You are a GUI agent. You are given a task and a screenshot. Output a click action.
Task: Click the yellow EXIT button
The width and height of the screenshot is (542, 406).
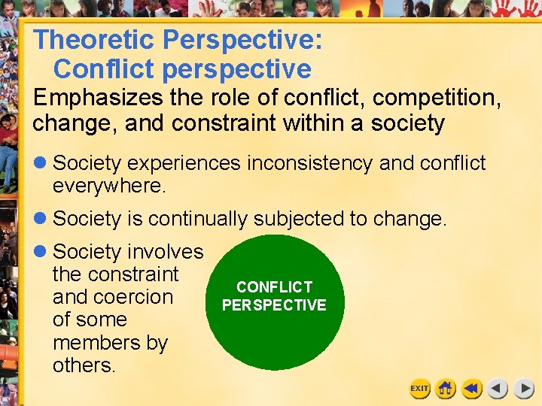[x=419, y=389]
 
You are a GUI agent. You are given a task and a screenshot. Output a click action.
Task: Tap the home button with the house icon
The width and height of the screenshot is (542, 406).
[x=446, y=389]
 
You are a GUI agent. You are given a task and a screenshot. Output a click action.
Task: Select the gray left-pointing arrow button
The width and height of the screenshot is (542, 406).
[x=498, y=389]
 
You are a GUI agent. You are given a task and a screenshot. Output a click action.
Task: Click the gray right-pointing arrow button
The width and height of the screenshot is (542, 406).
[x=524, y=389]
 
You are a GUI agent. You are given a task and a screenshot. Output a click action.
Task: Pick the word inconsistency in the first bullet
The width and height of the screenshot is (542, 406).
[x=308, y=163]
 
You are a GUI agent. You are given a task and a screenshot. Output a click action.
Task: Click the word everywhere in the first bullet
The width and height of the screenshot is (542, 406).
[x=108, y=186]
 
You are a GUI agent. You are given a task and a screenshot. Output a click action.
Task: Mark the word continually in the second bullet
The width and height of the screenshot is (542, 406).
[x=197, y=219]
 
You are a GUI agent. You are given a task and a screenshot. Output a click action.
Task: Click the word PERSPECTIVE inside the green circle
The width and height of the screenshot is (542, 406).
[x=274, y=305]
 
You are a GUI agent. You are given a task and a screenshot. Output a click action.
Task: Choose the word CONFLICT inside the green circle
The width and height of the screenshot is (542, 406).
[x=274, y=287]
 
